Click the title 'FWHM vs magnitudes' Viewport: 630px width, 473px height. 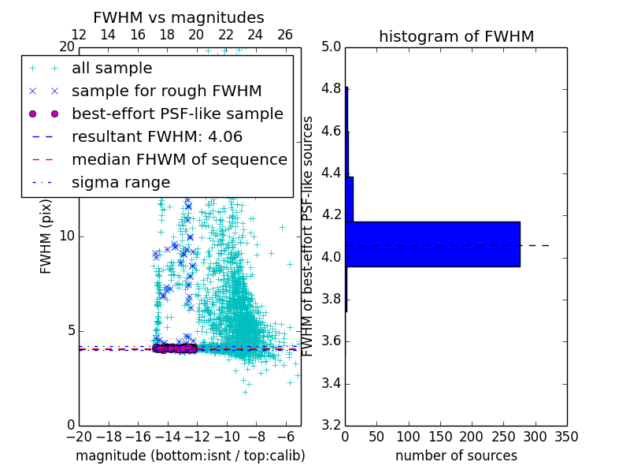pyautogui.click(x=179, y=17)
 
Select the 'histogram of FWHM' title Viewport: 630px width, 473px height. pyautogui.click(x=456, y=36)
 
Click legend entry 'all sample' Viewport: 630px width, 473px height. pyautogui.click(x=112, y=69)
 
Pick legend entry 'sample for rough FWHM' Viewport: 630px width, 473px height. pyautogui.click(x=166, y=91)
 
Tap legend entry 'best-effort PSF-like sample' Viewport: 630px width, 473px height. pyautogui.click(x=177, y=114)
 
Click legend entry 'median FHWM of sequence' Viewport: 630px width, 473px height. pyautogui.click(x=179, y=159)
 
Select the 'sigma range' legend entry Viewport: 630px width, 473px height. pyautogui.click(x=120, y=182)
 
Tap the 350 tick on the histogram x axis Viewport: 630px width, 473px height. pyautogui.click(x=567, y=436)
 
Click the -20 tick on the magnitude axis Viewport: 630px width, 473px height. pyautogui.click(x=79, y=436)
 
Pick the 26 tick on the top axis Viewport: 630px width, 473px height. pyautogui.click(x=285, y=35)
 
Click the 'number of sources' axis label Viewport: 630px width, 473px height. pyautogui.click(x=456, y=456)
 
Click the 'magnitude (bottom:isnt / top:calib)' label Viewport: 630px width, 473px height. pyautogui.click(x=190, y=456)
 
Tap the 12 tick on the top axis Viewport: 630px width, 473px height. pyautogui.click(x=79, y=35)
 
